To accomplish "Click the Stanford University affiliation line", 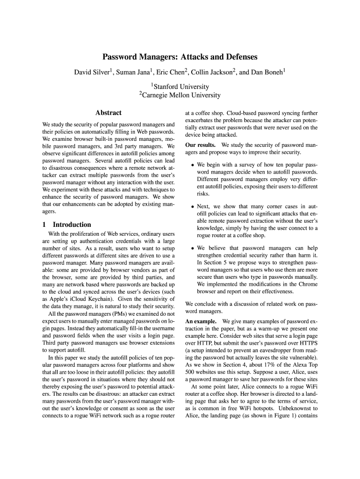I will click(x=180, y=87).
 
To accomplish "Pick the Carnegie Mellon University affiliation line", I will click(x=180, y=95).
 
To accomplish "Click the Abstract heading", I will click(x=108, y=113).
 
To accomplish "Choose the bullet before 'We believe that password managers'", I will click(x=192, y=248).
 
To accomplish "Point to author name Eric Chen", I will click(x=170, y=72).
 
